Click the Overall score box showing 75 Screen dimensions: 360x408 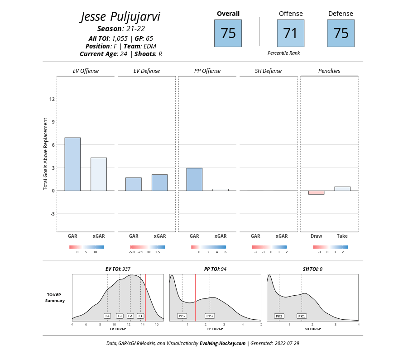click(228, 33)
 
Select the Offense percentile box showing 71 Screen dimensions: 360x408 click(290, 33)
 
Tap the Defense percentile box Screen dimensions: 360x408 click(341, 33)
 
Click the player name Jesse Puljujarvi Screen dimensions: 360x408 click(120, 17)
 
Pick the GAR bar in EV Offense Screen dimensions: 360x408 click(72, 164)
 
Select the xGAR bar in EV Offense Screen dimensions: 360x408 click(99, 174)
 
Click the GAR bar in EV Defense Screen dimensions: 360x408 click(134, 184)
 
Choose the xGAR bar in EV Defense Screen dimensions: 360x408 click(159, 182)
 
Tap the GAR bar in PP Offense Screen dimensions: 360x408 click(194, 179)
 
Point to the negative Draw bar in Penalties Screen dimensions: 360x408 click(316, 192)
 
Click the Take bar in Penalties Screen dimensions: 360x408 click(342, 188)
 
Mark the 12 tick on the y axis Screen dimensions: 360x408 click(52, 99)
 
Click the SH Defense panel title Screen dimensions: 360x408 click(269, 71)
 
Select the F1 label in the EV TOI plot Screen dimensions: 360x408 click(140, 316)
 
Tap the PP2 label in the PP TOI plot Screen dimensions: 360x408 click(182, 316)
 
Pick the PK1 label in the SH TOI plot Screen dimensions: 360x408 click(302, 316)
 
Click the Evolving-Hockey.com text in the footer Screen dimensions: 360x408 click(222, 344)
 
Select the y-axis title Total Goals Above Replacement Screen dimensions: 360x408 click(46, 154)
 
